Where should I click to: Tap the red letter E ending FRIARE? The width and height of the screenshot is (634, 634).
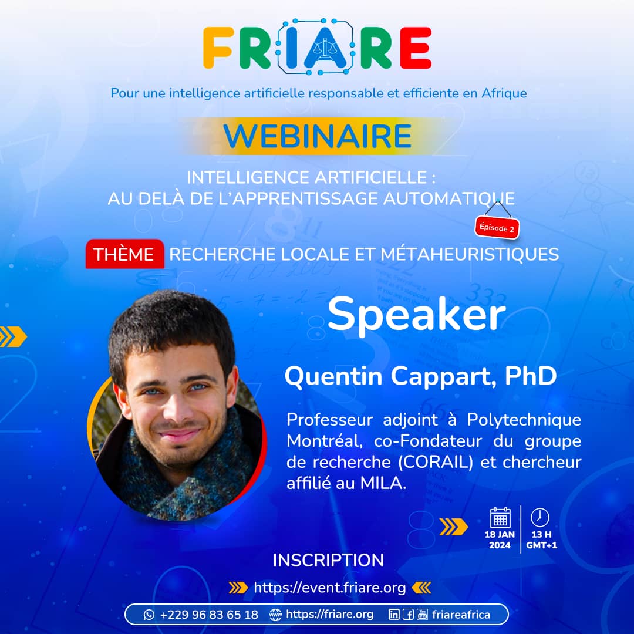[416, 48]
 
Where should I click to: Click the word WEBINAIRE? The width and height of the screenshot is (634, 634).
[318, 136]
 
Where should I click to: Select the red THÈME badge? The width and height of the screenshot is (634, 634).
[124, 254]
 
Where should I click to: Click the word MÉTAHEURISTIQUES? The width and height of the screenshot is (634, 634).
[470, 254]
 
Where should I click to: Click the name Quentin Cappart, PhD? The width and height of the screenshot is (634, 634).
[420, 376]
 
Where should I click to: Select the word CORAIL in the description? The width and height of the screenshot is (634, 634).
[436, 462]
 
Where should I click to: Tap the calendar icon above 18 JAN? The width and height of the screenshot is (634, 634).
[500, 518]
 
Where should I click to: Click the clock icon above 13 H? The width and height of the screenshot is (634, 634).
[540, 518]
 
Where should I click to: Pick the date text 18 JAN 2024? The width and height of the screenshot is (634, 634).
[500, 540]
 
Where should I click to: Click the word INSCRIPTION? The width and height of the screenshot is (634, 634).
[328, 561]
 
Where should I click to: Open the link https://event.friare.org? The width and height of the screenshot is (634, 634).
[329, 588]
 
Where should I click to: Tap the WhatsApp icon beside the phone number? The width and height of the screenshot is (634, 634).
[149, 615]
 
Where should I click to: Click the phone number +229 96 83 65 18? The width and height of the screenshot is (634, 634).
[209, 615]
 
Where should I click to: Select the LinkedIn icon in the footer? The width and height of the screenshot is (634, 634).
[393, 615]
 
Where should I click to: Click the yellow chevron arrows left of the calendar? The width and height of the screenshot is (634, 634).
[454, 527]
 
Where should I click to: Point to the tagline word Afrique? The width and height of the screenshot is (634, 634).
[504, 93]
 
